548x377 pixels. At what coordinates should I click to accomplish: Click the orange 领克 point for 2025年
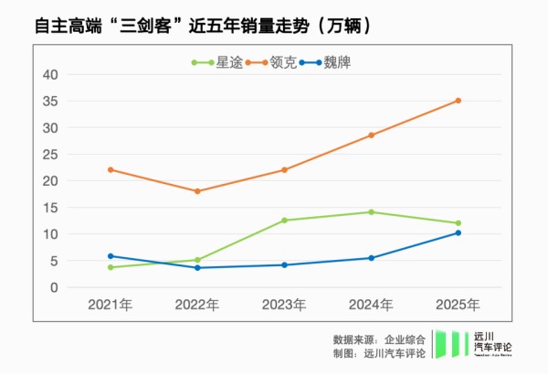(x=458, y=101)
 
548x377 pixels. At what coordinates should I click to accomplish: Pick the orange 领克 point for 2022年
(x=197, y=191)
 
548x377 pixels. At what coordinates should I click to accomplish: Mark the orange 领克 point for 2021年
(x=111, y=170)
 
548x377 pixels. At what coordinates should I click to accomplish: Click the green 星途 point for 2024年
(x=371, y=212)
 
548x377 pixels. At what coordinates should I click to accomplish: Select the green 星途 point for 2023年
(x=284, y=221)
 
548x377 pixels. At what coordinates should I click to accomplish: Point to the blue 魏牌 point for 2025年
(x=458, y=232)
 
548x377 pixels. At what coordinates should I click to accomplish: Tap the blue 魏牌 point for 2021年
(x=111, y=256)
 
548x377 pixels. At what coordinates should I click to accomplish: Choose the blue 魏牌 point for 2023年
(x=284, y=265)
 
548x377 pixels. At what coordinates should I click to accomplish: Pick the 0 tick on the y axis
(x=54, y=287)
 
